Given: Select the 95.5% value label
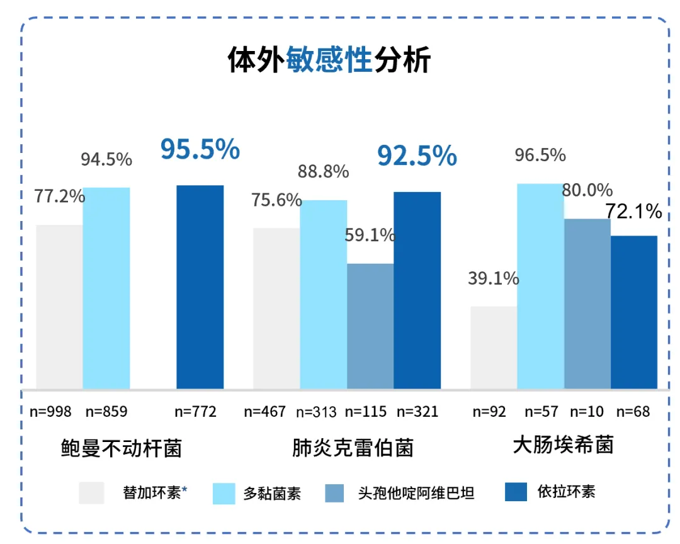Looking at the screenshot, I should [x=200, y=150].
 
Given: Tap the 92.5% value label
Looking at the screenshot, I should [x=417, y=156].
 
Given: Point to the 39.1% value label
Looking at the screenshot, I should [x=493, y=278].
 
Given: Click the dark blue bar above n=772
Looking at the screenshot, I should [x=200, y=286].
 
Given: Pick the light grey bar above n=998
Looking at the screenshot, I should [x=59, y=307].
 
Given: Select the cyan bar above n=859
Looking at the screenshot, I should [x=106, y=288].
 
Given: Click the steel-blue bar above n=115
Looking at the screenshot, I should [x=370, y=326].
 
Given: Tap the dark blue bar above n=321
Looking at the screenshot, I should [x=417, y=290].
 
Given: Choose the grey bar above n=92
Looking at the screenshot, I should [x=494, y=347].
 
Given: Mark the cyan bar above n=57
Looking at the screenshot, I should [x=540, y=286].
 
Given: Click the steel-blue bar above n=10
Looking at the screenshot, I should [x=587, y=303].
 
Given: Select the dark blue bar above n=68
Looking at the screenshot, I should [x=634, y=312].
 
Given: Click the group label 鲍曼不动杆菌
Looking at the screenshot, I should [x=121, y=448].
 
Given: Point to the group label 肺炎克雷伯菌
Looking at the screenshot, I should [x=353, y=448].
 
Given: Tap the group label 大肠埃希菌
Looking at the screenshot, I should [x=563, y=445].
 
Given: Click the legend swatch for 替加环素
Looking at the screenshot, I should [x=91, y=492].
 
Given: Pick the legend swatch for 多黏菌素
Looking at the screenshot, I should [x=224, y=492].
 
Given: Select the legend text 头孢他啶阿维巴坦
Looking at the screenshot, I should [x=416, y=492].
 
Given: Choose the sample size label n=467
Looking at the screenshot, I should [x=264, y=412].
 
